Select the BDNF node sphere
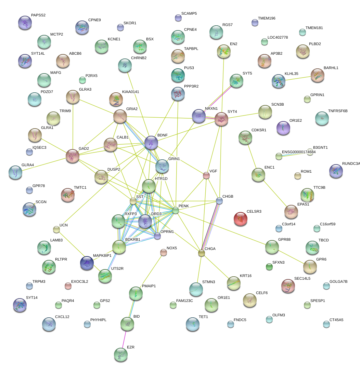151,142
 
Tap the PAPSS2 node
25,23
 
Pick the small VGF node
206,175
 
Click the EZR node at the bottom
120,355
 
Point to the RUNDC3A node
336,171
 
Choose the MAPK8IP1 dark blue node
87,263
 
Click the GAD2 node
73,156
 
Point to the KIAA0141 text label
130,92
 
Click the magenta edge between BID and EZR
124,339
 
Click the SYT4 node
221,120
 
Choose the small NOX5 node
164,252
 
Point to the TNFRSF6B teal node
322,118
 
